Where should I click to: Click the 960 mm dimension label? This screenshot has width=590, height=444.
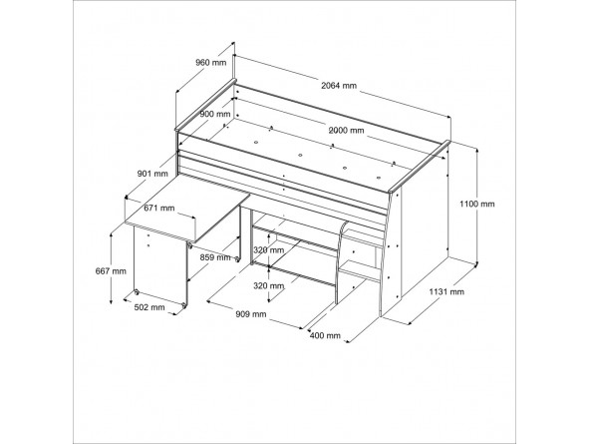tap(210, 62)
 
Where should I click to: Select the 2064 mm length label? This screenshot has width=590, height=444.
tap(339, 86)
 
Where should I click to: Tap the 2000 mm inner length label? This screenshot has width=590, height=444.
tap(346, 131)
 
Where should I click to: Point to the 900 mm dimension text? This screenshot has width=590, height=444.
tap(214, 114)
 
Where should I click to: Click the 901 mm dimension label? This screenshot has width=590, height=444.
tap(152, 174)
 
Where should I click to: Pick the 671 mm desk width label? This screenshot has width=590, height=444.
tap(159, 208)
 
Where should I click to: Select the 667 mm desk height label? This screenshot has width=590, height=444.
tap(111, 270)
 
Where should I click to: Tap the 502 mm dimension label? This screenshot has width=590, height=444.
tap(149, 307)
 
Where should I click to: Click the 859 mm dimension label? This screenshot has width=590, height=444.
tap(215, 257)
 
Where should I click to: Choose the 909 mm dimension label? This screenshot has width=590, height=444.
tap(251, 313)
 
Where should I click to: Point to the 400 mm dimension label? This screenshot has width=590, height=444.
tap(325, 335)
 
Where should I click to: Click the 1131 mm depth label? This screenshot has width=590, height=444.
tap(446, 291)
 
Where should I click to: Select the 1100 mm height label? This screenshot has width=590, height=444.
tap(477, 204)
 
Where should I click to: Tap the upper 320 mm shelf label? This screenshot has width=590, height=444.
tap(269, 249)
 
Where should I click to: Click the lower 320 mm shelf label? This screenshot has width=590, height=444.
tap(269, 285)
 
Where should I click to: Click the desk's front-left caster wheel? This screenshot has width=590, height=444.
tap(137, 292)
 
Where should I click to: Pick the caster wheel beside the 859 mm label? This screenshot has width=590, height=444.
tap(237, 259)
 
